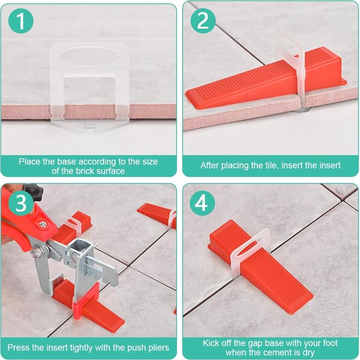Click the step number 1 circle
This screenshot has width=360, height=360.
[x=21, y=21]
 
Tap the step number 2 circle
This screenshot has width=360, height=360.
[x=203, y=21]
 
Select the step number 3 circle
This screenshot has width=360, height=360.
[x=21, y=203]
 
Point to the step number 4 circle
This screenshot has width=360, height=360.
[x=202, y=203]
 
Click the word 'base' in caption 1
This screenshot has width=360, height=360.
[x=67, y=162]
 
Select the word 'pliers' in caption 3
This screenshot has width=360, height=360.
[x=159, y=348]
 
